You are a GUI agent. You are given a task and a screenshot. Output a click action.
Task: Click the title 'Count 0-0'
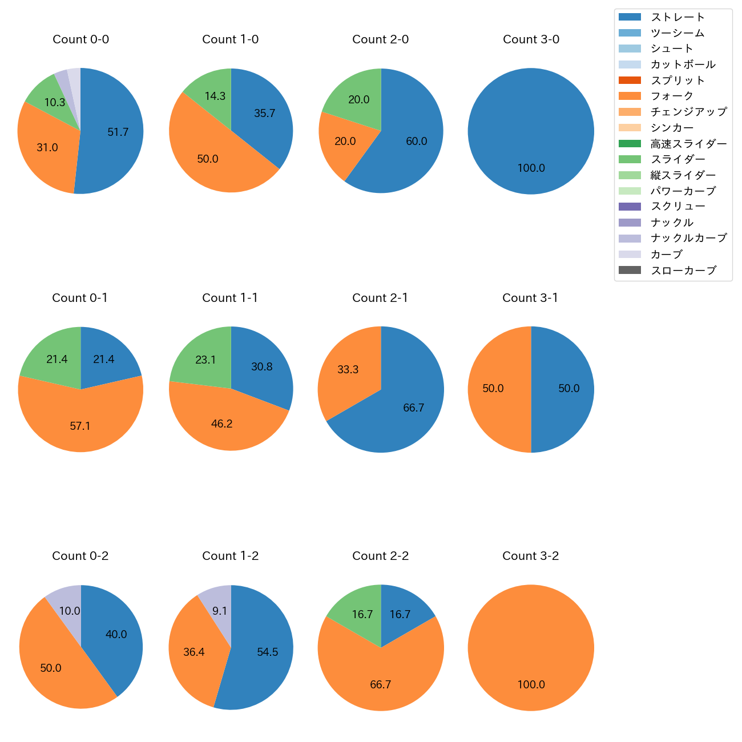click(x=80, y=39)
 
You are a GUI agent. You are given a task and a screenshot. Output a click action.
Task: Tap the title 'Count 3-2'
click(x=530, y=556)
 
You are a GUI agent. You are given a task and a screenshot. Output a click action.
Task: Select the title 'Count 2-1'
click(x=380, y=298)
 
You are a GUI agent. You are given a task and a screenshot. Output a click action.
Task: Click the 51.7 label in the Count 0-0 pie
click(x=118, y=132)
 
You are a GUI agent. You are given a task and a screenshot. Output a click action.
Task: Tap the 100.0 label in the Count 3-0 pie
click(x=531, y=168)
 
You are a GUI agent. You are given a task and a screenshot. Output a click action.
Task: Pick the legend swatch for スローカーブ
click(x=630, y=271)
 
